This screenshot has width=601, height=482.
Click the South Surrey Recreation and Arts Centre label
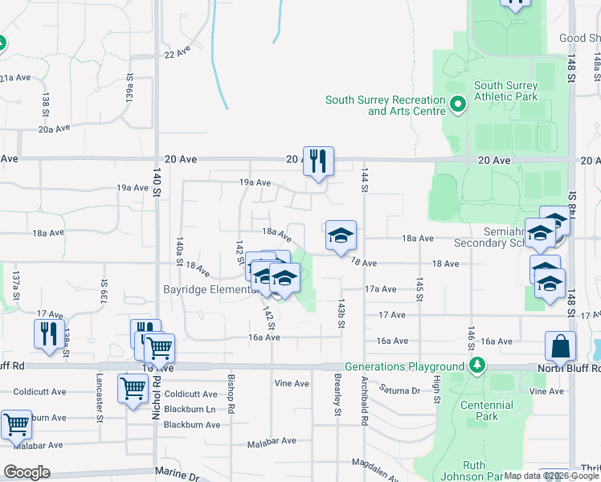(384, 105)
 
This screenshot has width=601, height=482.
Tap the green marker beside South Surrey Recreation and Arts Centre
(458, 104)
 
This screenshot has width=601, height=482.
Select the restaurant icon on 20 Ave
(319, 161)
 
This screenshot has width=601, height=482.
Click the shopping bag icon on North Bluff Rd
(560, 346)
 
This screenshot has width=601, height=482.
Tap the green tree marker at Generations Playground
(478, 366)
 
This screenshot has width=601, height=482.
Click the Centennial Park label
(487, 411)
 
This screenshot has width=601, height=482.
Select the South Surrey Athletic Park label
(505, 91)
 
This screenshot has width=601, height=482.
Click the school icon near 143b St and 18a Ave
(341, 236)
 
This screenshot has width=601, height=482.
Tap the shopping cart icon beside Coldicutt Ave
(133, 389)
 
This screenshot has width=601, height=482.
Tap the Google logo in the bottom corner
(27, 472)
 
